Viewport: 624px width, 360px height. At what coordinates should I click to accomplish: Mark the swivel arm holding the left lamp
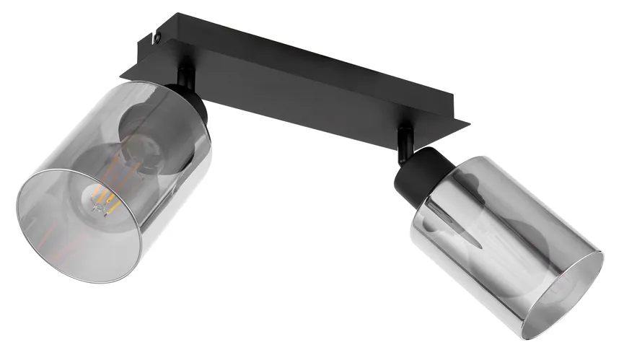(x=186, y=76)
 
